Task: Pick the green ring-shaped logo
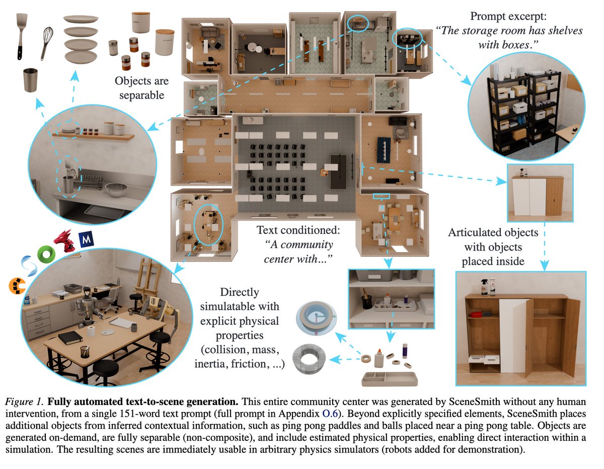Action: (x=47, y=255)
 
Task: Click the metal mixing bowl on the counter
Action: (x=116, y=190)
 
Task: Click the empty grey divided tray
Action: (x=389, y=378)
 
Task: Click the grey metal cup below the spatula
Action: (x=31, y=80)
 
